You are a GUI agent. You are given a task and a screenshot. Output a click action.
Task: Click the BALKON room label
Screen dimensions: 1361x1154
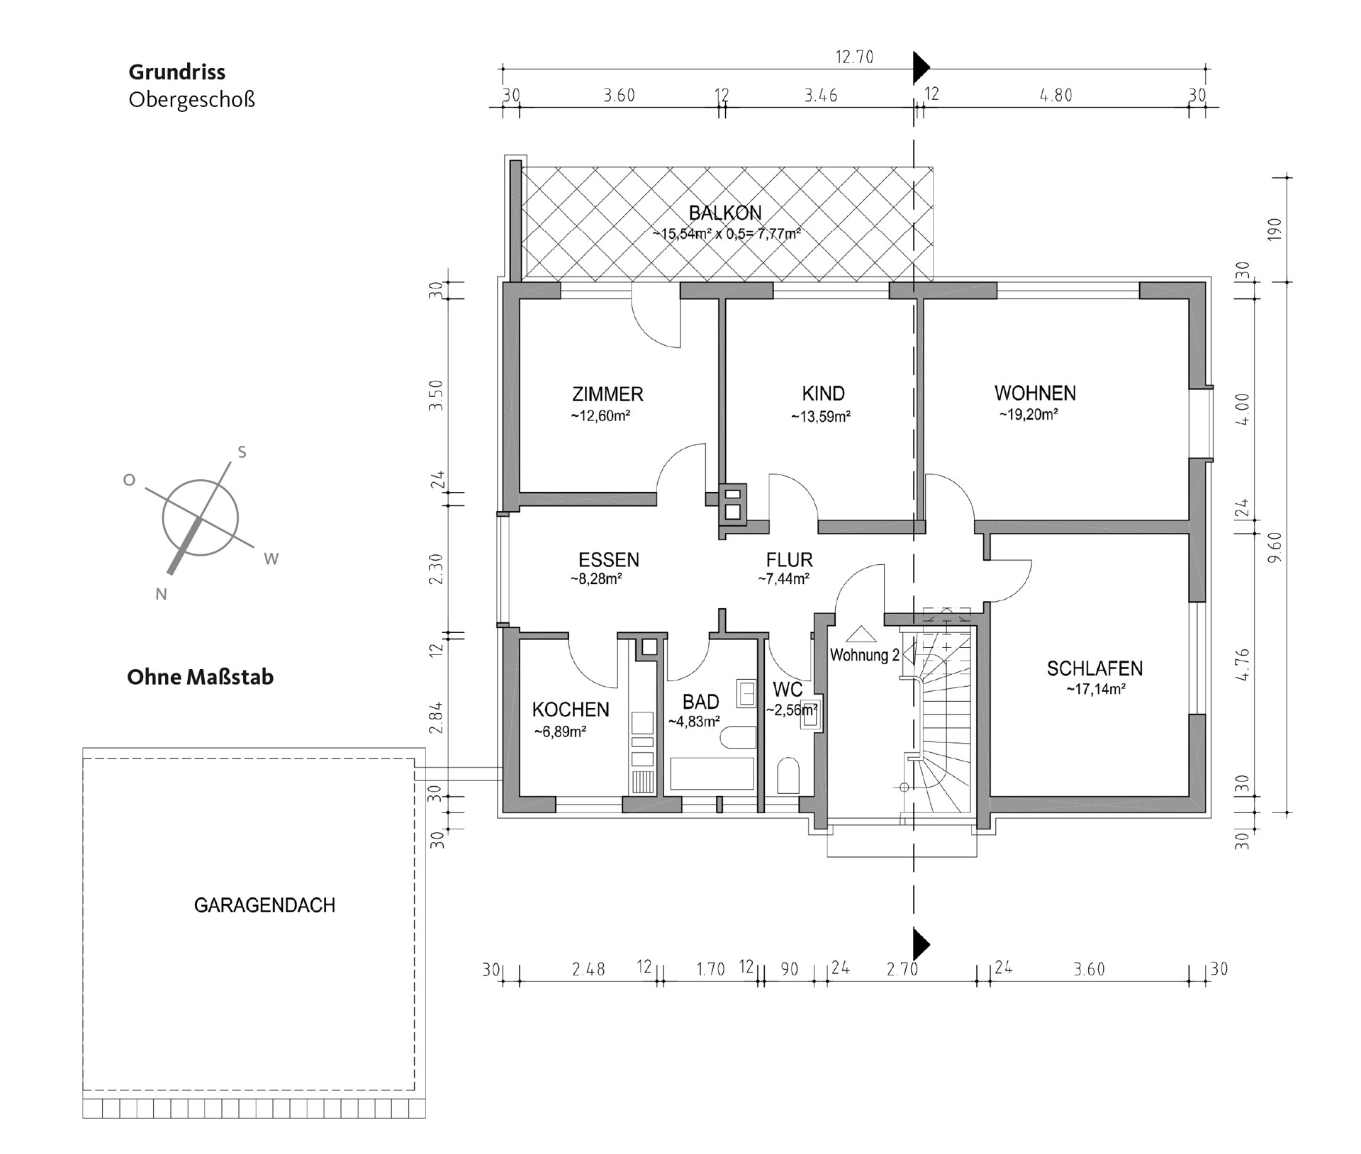pos(725,213)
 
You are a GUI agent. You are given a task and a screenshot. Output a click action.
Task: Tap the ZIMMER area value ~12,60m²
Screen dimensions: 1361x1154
pos(600,416)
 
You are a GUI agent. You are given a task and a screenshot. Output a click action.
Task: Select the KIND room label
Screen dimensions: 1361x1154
pos(823,393)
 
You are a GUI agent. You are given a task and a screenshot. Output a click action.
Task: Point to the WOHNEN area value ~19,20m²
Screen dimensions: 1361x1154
pos(1029,415)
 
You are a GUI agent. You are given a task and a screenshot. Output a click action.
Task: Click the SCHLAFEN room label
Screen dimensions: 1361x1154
pos(1094,668)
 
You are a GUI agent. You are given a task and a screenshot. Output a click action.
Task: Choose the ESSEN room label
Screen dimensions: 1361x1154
pos(609,560)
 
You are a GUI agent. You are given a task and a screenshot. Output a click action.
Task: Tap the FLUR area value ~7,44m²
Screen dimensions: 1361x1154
pos(784,579)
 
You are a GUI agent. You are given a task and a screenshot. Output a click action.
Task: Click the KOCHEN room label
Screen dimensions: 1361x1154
pos(571,710)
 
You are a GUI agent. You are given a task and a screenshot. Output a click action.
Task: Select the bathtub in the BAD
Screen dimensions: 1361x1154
pos(712,773)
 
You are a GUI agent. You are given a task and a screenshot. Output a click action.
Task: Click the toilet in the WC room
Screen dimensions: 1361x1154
pos(788,775)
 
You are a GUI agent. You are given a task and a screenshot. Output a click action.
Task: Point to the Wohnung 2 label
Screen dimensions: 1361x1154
pos(865,655)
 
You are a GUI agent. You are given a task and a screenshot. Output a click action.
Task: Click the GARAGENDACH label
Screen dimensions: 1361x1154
pos(264,905)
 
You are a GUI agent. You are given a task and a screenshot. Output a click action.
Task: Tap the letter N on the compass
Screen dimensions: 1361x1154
pos(161,595)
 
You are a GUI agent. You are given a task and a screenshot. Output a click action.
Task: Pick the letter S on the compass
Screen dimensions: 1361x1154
pos(242,452)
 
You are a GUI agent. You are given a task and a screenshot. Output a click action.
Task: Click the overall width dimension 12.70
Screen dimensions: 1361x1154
pos(854,57)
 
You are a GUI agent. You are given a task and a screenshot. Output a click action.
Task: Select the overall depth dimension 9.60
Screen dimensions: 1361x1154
pos(1275,547)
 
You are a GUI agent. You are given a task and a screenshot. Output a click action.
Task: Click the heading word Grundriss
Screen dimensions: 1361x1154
pos(177,72)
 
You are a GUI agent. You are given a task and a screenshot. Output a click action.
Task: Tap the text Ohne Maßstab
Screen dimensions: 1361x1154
pos(200,677)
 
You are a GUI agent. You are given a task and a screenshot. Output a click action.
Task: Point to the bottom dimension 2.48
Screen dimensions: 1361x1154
pos(588,969)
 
